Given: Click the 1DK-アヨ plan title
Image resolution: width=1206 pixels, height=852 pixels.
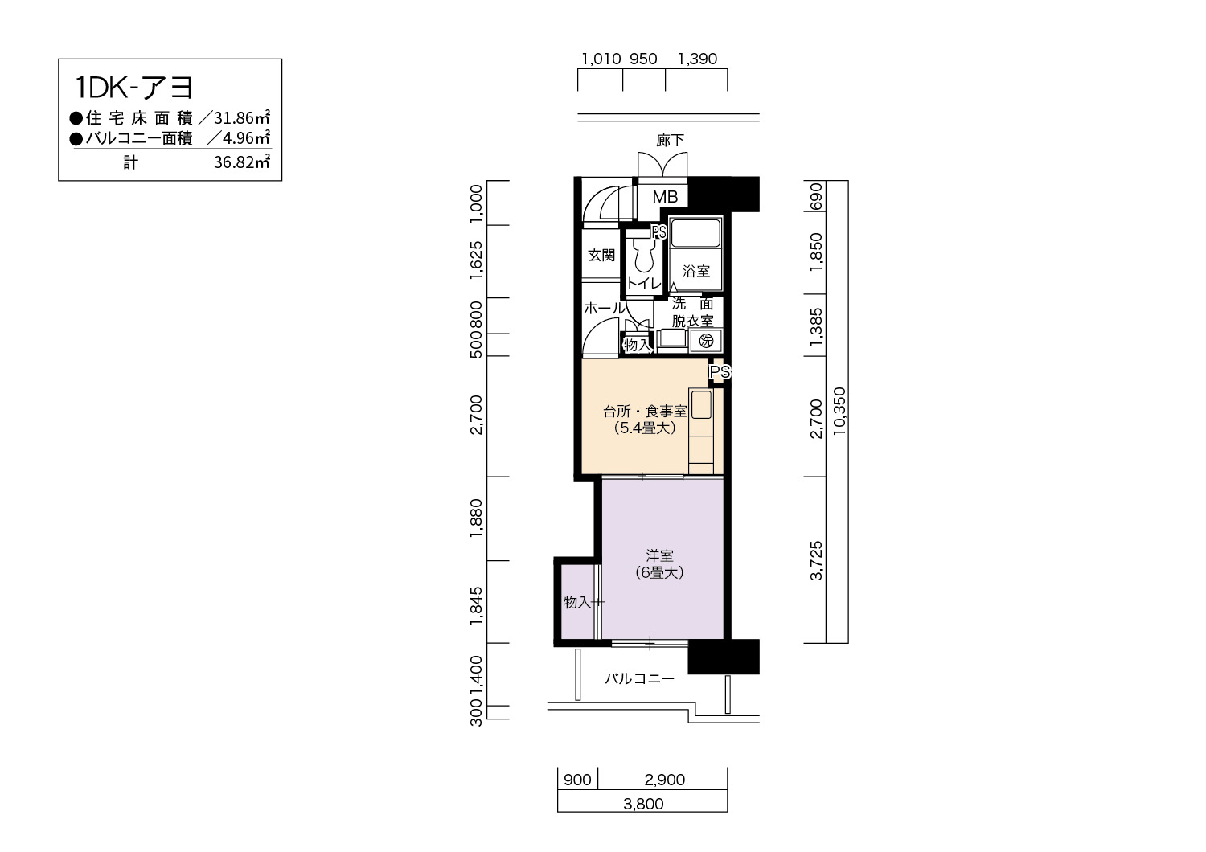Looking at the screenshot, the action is click(133, 88).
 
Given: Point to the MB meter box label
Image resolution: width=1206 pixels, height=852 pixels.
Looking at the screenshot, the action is click(665, 197).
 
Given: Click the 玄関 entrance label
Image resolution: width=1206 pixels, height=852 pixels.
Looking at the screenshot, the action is click(601, 255).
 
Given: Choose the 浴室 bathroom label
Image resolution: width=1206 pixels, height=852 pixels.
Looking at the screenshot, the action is click(695, 271).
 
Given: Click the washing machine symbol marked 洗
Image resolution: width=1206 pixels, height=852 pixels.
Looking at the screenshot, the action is click(706, 341).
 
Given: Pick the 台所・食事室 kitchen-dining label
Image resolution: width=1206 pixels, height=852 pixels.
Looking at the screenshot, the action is click(645, 412).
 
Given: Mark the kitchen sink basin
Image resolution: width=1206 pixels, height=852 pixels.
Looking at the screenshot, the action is click(701, 404).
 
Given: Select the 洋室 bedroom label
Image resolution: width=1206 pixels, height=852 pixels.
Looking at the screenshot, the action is click(659, 555).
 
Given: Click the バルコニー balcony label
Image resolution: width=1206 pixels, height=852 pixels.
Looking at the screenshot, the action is click(639, 678).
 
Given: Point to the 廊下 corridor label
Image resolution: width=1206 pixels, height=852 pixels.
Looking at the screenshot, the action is click(670, 141).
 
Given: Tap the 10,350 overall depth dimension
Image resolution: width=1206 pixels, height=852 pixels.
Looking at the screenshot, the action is click(839, 412).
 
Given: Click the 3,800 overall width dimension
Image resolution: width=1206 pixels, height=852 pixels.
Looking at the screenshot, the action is click(643, 804).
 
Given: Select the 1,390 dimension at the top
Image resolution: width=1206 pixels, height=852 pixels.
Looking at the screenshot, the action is click(697, 59).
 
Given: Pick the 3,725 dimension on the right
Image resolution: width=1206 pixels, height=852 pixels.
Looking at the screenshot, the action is click(817, 561).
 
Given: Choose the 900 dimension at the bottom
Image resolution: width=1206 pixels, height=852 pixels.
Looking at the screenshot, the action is click(577, 780).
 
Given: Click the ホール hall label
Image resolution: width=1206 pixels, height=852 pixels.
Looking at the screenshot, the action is click(605, 309).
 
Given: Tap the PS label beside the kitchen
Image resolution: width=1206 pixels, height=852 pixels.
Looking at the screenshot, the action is click(720, 372).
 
